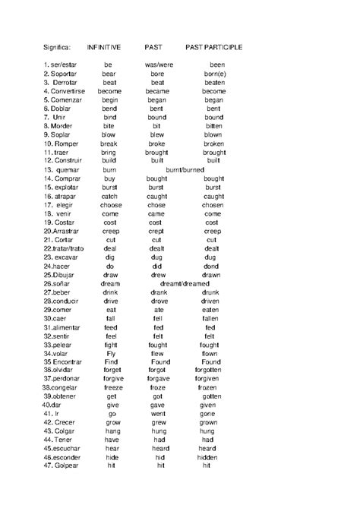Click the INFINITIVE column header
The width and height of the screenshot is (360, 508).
click(x=104, y=47)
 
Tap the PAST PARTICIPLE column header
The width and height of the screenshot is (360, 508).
click(x=213, y=47)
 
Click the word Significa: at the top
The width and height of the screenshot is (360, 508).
click(x=57, y=47)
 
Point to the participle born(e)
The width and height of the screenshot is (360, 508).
click(x=215, y=74)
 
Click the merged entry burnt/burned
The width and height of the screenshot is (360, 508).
click(x=185, y=169)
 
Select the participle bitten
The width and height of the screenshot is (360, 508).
click(x=213, y=126)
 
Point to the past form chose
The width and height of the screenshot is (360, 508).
click(x=156, y=205)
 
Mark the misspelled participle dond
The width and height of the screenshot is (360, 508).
click(x=212, y=267)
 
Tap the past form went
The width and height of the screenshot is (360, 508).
click(x=158, y=415)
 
